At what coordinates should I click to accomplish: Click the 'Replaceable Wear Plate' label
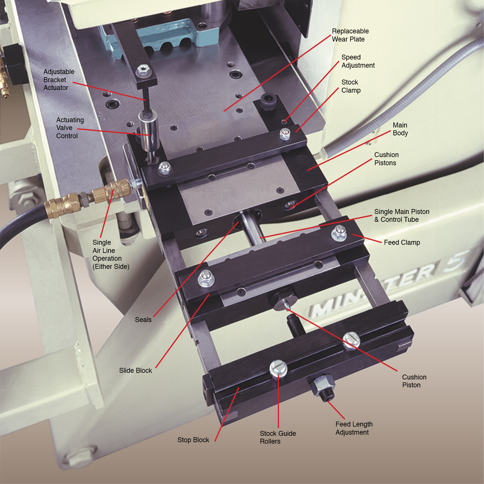[350, 35]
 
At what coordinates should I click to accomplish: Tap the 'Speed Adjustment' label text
[358, 61]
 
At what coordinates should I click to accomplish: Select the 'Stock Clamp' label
[351, 86]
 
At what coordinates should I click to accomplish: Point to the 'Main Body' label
[400, 129]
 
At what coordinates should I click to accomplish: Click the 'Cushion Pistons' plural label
[386, 159]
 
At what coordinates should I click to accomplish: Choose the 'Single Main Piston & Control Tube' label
[401, 215]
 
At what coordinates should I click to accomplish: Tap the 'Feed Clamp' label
[402, 242]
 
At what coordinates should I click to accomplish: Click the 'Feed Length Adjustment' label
[354, 428]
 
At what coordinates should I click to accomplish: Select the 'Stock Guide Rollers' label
[278, 437]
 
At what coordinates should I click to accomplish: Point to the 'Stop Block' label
[193, 440]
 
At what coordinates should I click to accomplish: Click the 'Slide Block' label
[135, 370]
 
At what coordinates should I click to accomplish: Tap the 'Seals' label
[143, 320]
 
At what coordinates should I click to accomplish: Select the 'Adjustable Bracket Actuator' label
[59, 80]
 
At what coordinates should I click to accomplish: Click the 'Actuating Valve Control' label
[70, 128]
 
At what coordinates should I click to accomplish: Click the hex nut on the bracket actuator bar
[143, 69]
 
